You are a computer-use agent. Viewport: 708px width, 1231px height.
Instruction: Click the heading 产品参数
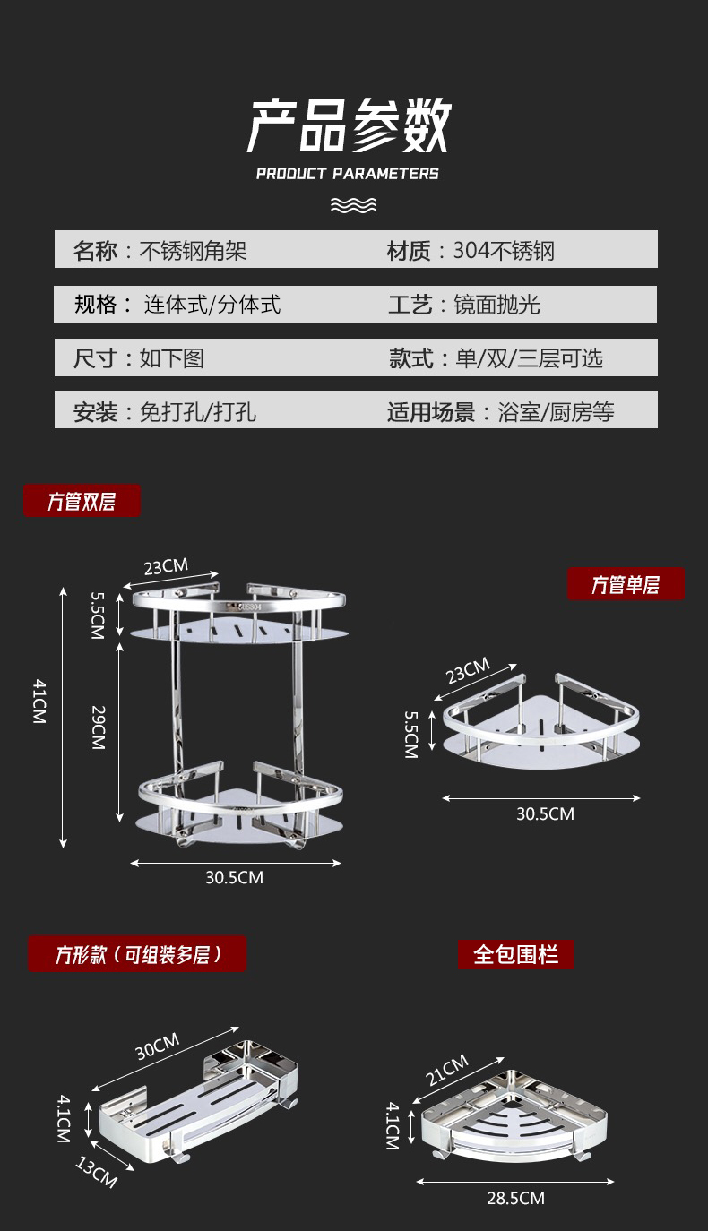coord(349,126)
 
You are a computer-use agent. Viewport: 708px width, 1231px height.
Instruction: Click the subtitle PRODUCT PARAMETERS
coord(348,174)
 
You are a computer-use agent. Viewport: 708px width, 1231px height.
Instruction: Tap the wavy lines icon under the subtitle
coord(353,206)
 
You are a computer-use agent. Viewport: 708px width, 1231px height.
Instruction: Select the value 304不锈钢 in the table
coord(504,251)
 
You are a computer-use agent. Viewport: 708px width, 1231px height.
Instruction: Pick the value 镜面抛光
coord(496,305)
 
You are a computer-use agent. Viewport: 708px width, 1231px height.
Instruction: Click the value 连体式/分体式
coord(212,305)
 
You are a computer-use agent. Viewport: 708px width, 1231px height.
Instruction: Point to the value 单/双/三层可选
coord(529,358)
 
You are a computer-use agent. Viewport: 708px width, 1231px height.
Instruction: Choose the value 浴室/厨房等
coord(556,412)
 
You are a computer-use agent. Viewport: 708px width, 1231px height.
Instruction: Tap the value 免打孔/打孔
coord(198,412)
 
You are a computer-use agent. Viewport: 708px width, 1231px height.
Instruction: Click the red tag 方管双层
coord(82,501)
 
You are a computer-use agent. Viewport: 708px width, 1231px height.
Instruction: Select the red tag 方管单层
coord(626,585)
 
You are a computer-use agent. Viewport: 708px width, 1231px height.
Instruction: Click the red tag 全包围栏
coord(515,954)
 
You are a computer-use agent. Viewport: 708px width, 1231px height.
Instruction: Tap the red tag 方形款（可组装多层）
coord(137,954)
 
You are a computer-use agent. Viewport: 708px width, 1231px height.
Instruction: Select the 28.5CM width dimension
coord(516,1198)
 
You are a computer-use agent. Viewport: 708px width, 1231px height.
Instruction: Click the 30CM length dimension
coord(158,1046)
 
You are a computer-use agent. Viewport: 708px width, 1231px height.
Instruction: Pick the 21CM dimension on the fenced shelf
coord(446,1070)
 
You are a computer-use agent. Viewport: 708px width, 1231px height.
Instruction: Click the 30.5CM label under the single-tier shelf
coord(545,813)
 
